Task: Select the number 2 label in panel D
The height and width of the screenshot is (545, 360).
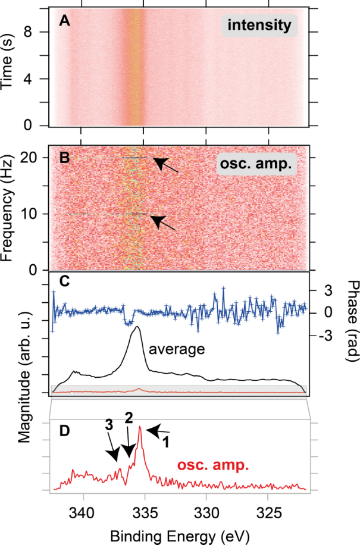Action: click(129, 418)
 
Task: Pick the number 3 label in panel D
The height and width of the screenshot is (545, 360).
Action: click(107, 425)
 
